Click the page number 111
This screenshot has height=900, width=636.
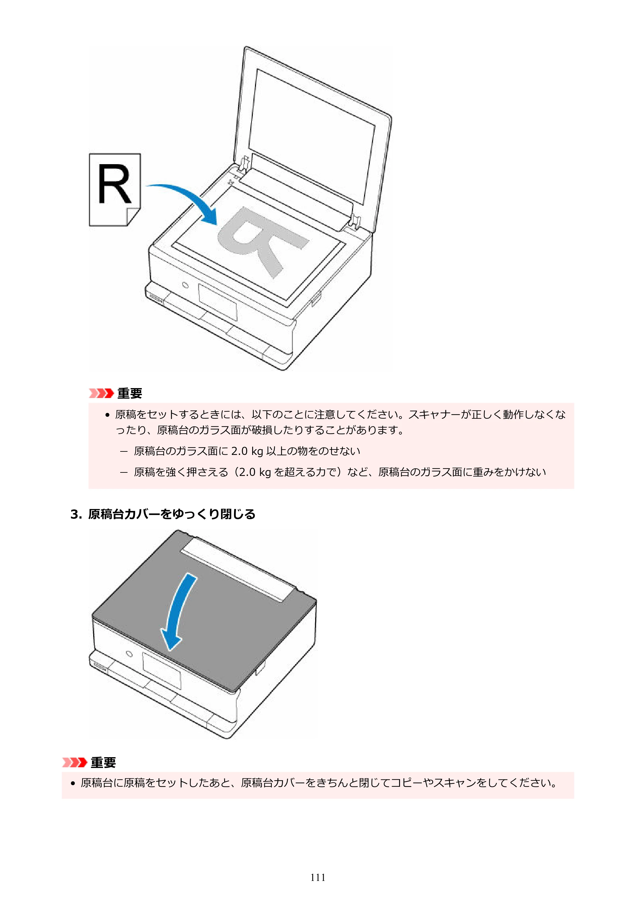point(317,877)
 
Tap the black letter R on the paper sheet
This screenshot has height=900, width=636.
point(114,184)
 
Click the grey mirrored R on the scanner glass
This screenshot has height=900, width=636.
point(262,240)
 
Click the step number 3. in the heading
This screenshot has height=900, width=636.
point(76,514)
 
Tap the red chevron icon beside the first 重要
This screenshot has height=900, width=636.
point(101,393)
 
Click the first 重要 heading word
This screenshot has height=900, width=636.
point(130,393)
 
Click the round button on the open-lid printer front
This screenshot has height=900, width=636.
point(185,285)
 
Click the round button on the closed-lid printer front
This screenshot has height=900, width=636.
point(129,654)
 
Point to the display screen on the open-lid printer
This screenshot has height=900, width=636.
point(218,302)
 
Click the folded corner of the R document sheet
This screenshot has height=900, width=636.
point(133,216)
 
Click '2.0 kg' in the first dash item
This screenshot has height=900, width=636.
point(247,451)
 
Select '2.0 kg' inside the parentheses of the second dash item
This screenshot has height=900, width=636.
point(255,472)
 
